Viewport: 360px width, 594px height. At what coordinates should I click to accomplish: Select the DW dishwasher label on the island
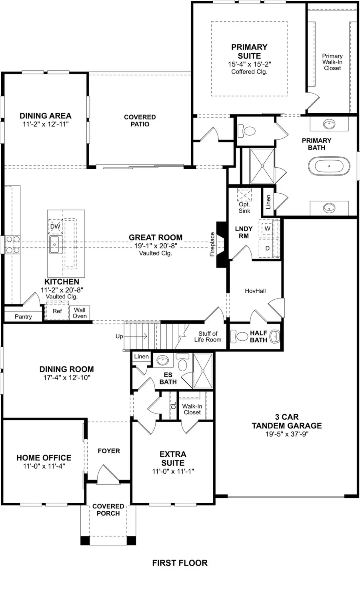click(55, 226)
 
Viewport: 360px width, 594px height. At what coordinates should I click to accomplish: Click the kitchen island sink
click(54, 244)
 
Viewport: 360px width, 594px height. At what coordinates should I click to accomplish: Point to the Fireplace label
click(212, 244)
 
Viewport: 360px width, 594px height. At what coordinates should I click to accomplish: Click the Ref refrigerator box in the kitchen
click(57, 311)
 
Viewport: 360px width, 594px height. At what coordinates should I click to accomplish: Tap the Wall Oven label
click(80, 313)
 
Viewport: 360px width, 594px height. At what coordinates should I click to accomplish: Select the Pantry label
click(23, 316)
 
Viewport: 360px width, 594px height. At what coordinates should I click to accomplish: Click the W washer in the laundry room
click(267, 229)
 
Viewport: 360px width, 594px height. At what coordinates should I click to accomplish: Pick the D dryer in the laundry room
click(267, 248)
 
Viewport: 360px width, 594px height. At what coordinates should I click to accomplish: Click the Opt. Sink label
click(244, 208)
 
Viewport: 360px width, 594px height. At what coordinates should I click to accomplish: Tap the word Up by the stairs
click(119, 336)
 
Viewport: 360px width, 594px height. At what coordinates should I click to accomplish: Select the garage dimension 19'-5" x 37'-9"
click(287, 434)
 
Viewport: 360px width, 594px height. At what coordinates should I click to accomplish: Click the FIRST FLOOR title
click(180, 563)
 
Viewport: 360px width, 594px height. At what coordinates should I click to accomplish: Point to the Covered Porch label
click(108, 510)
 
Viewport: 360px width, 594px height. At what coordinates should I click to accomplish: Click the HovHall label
click(255, 291)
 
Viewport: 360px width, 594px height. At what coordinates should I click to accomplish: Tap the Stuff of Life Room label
click(208, 336)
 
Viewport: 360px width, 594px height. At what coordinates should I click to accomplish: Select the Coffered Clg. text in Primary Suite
click(249, 72)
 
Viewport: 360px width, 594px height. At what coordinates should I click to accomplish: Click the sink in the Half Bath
click(275, 336)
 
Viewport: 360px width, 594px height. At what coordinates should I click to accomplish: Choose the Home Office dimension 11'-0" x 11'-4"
click(44, 466)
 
